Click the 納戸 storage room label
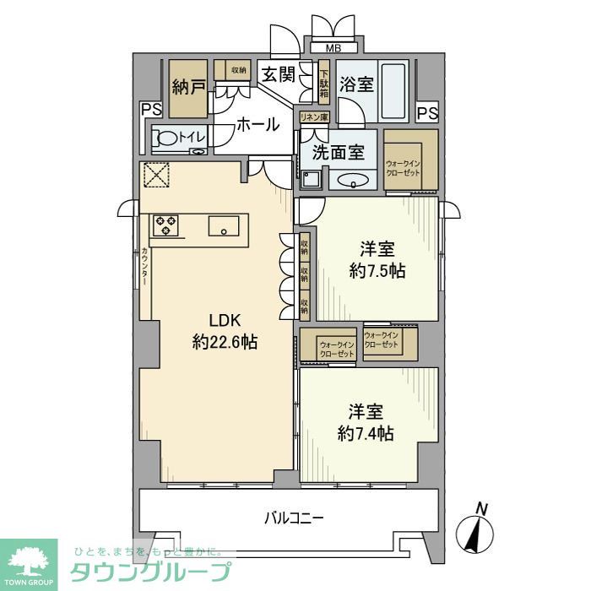click(x=189, y=86)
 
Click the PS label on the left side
click(x=151, y=108)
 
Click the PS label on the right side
click(x=427, y=112)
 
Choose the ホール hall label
click(x=258, y=125)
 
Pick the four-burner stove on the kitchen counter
click(x=165, y=225)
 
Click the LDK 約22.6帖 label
click(x=225, y=331)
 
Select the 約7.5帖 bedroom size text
click(x=377, y=271)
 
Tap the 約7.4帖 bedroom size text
click(x=366, y=433)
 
